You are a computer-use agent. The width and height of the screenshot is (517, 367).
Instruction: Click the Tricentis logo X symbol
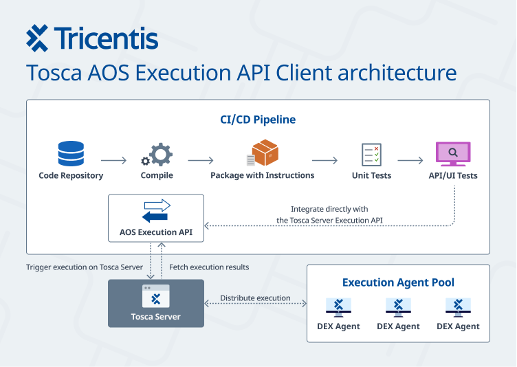pos(37,38)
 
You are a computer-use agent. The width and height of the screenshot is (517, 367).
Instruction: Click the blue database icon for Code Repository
pos(71,154)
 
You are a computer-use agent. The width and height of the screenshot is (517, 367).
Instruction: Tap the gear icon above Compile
pos(157,154)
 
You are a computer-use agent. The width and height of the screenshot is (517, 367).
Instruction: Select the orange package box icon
pos(263,153)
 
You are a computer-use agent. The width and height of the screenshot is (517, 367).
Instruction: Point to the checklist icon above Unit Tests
pos(371,154)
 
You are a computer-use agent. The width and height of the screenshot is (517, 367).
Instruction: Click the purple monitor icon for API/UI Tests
pos(453,153)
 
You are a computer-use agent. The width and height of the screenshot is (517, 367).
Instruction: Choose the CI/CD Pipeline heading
pos(258,120)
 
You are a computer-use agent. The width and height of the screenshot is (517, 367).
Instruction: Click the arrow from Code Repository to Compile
pos(113,161)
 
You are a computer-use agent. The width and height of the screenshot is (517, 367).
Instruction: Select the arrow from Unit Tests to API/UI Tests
pos(410,161)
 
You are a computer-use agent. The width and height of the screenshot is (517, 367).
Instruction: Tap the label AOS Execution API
pos(156,232)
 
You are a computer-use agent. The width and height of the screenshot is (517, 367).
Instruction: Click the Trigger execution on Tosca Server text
pos(85,267)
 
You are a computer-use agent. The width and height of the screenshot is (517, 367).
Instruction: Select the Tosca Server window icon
pos(156,296)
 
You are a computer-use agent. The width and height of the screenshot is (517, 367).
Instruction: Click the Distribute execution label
pos(255,298)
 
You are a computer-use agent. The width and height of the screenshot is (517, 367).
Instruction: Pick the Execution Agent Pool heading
pos(398,282)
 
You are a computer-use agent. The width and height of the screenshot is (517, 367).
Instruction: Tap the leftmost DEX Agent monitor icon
pos(338,307)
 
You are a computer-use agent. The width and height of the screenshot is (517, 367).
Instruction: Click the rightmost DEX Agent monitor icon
pos(458,307)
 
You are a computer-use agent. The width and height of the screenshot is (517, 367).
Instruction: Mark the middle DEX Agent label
pos(398,326)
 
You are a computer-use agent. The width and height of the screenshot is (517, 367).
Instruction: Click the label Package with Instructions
pos(262,175)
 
